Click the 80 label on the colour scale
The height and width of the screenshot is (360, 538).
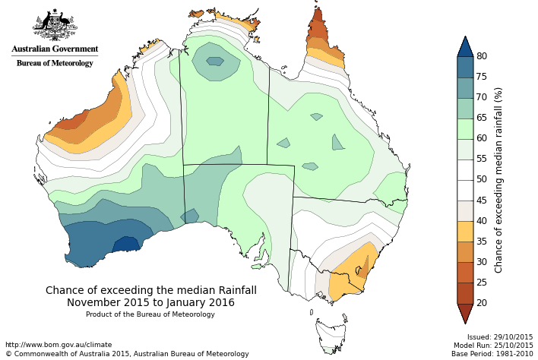pos(482,56)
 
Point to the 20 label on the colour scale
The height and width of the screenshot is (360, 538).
pos(482,302)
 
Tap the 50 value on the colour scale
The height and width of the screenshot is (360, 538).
pos(482,179)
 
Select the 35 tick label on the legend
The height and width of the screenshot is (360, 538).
pos(482,241)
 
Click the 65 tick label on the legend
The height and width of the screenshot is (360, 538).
pos(482,118)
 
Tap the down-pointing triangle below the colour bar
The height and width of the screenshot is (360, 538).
pos(465,313)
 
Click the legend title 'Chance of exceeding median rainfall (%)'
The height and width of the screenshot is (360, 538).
pos(499,179)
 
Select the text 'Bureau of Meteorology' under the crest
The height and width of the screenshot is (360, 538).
pos(55,63)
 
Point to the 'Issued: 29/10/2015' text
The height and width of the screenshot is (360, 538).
pos(500,336)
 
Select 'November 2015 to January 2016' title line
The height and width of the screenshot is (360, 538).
pos(150,302)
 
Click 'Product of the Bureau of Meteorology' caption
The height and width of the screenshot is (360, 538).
pos(150,314)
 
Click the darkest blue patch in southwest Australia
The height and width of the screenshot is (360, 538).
pos(125,245)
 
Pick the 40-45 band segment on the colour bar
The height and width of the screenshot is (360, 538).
pos(465,210)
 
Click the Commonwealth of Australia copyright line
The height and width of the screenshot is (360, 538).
pos(127,354)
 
